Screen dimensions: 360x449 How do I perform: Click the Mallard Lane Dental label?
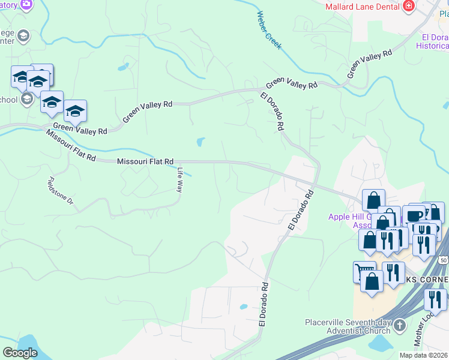coord(363,7)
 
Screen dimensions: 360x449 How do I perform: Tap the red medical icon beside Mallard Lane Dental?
coord(409,6)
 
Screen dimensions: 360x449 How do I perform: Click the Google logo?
coord(20,353)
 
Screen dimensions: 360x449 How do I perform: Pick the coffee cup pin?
coord(414,216)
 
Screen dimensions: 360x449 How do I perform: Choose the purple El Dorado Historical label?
coord(433,41)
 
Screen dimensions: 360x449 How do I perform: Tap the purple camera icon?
coord(26,5)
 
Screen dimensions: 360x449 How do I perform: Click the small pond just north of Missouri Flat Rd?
coord(199,142)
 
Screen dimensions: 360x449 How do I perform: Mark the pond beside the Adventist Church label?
coord(379,344)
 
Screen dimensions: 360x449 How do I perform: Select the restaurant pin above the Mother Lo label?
coord(435,299)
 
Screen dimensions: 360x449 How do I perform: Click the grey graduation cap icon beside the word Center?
coord(23,36)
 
